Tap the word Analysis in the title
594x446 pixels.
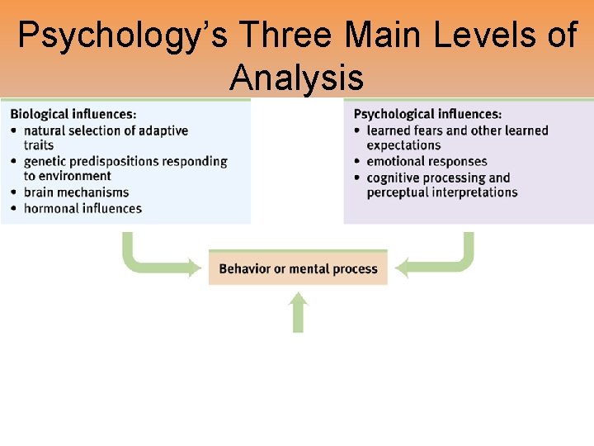pyautogui.click(x=297, y=78)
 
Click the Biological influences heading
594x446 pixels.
pyautogui.click(x=73, y=115)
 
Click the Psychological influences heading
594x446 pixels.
pyautogui.click(x=427, y=115)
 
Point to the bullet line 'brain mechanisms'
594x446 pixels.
pyautogui.click(x=77, y=192)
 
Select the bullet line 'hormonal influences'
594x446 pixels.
pyautogui.click(x=82, y=208)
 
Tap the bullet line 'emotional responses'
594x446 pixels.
pyautogui.click(x=427, y=162)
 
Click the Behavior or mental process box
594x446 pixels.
pyautogui.click(x=298, y=268)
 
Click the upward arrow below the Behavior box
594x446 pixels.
pyautogui.click(x=299, y=314)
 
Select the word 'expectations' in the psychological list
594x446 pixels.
pyautogui.click(x=404, y=145)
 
